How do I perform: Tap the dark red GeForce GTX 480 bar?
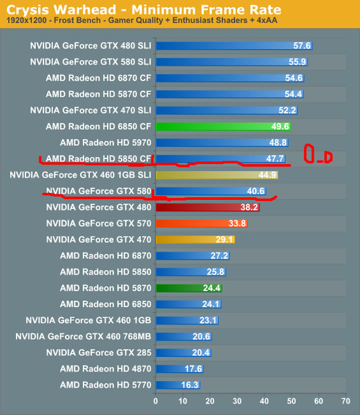tap(207, 207)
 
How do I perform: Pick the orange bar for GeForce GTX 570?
tap(201, 223)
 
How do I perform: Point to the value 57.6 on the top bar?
tap(303, 46)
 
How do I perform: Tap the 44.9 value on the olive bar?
tap(267, 175)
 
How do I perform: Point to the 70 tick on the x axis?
tap(345, 400)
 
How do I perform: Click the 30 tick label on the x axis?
tap(237, 400)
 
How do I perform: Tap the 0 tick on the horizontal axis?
tap(155, 400)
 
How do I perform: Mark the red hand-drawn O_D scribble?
tap(318, 156)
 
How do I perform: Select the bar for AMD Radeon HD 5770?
tap(178, 385)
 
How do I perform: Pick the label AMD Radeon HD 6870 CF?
tap(98, 77)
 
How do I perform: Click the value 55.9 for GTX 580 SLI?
tap(298, 62)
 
